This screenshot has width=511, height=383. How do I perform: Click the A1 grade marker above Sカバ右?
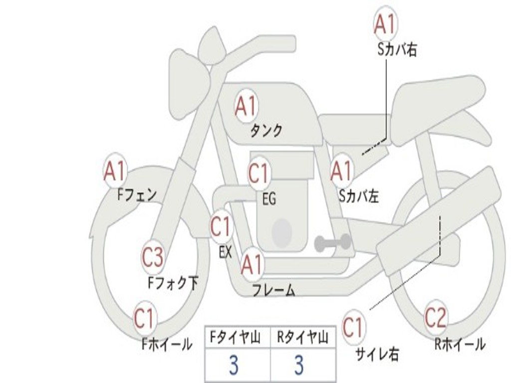(386, 24)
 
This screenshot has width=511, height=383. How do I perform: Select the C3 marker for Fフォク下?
(153, 257)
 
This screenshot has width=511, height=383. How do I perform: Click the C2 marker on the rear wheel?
(436, 318)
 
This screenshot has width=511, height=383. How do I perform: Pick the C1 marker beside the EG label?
(259, 173)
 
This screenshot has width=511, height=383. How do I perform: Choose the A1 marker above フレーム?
(252, 264)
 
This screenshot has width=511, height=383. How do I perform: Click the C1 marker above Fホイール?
(144, 318)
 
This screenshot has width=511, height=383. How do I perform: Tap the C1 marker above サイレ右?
(354, 327)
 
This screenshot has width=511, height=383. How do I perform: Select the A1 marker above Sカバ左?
(342, 172)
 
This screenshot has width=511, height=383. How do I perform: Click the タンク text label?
(266, 131)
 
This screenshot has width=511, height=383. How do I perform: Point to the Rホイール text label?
(460, 344)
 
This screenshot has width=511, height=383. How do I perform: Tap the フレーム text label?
(274, 290)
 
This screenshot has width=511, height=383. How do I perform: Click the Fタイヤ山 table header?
(236, 338)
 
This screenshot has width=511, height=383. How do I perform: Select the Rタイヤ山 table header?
(303, 338)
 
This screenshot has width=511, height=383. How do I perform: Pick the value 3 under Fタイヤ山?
(234, 365)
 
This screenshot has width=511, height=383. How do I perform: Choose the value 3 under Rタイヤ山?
(299, 365)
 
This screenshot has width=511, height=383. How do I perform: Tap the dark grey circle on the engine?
(282, 232)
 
